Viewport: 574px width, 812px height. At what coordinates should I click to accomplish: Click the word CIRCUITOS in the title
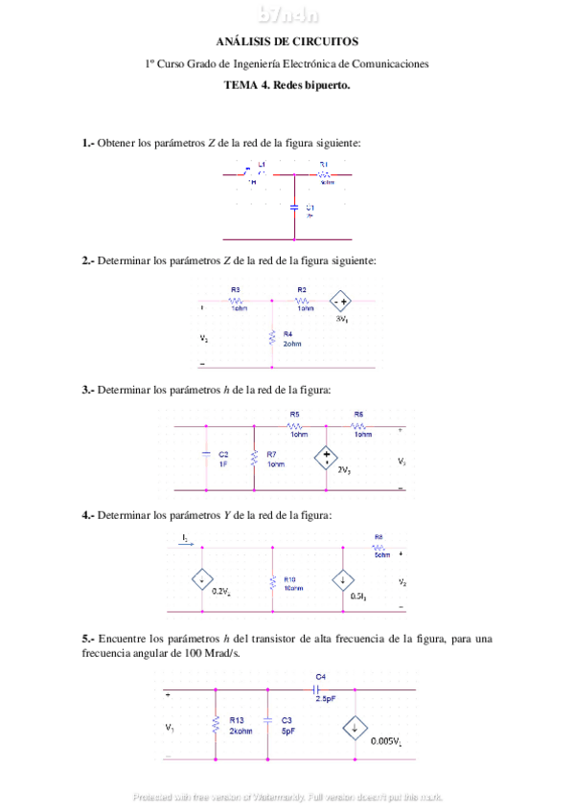click(326, 42)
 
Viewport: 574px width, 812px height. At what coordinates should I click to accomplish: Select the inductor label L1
click(261, 165)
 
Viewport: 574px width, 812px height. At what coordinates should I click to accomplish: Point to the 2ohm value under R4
click(291, 343)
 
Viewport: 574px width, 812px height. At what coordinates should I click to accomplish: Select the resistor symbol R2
click(302, 300)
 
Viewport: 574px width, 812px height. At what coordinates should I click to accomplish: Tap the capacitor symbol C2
click(206, 457)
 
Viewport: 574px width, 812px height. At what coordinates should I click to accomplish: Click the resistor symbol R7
click(254, 458)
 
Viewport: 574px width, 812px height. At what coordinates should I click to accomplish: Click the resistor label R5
click(295, 414)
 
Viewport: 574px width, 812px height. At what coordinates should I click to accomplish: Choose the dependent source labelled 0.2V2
click(202, 579)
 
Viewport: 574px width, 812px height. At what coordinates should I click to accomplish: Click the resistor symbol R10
click(273, 580)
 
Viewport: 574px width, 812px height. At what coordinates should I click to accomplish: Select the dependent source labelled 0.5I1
click(343, 579)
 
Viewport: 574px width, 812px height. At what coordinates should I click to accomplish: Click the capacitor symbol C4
click(318, 688)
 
